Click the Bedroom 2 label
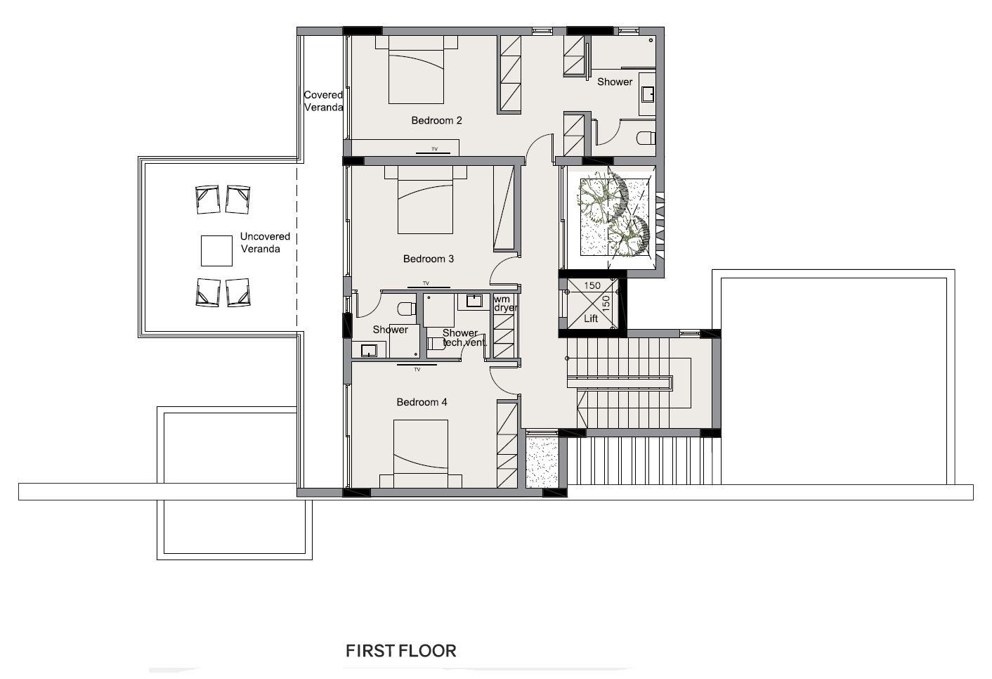[x=436, y=120]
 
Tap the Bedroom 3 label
[x=429, y=259]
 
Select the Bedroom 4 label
[x=422, y=402]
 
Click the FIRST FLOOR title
[x=400, y=651]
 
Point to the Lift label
[x=591, y=318]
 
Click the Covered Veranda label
[x=323, y=101]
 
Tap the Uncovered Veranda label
[x=265, y=242]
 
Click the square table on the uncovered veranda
[x=216, y=251]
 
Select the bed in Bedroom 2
[x=417, y=70]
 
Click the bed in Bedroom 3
[x=425, y=200]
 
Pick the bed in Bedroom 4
[x=420, y=454]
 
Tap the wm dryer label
[x=505, y=303]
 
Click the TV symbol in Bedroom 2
[x=433, y=151]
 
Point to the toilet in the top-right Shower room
[x=646, y=138]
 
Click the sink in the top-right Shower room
[x=648, y=94]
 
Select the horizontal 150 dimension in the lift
[x=592, y=285]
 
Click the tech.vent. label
[x=464, y=342]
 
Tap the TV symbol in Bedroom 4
[x=417, y=367]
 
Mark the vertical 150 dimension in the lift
[x=606, y=302]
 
